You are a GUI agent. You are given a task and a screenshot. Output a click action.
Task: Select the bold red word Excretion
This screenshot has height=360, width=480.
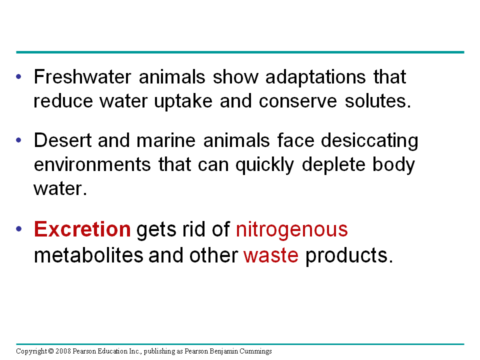pyautogui.click(x=82, y=229)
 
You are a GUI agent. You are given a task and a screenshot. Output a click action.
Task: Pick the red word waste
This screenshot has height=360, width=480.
pyautogui.click(x=270, y=255)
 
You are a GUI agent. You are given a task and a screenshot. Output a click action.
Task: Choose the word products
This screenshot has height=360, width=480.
pyautogui.click(x=346, y=255)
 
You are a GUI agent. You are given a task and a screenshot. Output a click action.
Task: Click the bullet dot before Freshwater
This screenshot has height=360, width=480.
pyautogui.click(x=19, y=78)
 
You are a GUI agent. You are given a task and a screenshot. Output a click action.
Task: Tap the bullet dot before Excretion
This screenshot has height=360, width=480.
pyautogui.click(x=19, y=230)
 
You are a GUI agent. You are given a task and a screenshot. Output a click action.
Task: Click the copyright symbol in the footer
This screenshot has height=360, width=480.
pyautogui.click(x=51, y=351)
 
